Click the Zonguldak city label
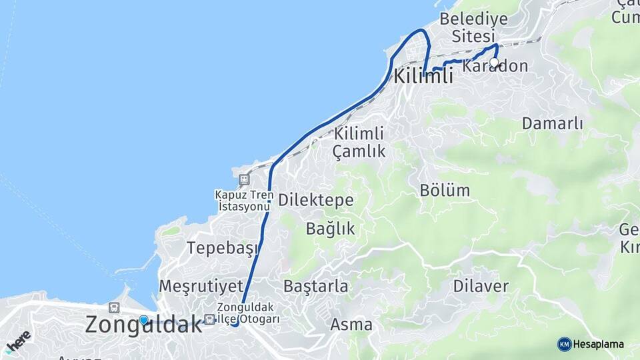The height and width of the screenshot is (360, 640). click(x=143, y=325)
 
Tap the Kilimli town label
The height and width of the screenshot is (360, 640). click(x=423, y=76)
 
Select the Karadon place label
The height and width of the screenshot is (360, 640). click(x=495, y=67)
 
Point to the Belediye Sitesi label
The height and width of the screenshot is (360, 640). click(x=473, y=27)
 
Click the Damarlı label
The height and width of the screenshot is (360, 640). click(x=553, y=123)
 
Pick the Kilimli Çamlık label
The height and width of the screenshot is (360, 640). click(x=359, y=141)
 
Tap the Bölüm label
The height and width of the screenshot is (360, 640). click(x=445, y=190)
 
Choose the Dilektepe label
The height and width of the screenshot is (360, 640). click(x=315, y=200)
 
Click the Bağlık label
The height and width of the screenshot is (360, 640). click(x=331, y=229)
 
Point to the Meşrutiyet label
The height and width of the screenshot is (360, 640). click(x=201, y=286)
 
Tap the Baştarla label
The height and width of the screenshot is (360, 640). click(x=316, y=287)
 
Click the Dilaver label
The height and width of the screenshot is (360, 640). click(x=481, y=287)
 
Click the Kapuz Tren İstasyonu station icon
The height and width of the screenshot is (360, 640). click(x=244, y=179)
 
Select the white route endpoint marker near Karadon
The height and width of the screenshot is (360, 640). click(x=494, y=63)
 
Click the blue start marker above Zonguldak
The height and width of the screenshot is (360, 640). click(x=143, y=320)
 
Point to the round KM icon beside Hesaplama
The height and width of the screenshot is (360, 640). click(x=564, y=344)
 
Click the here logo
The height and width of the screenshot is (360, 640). click(x=18, y=341)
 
